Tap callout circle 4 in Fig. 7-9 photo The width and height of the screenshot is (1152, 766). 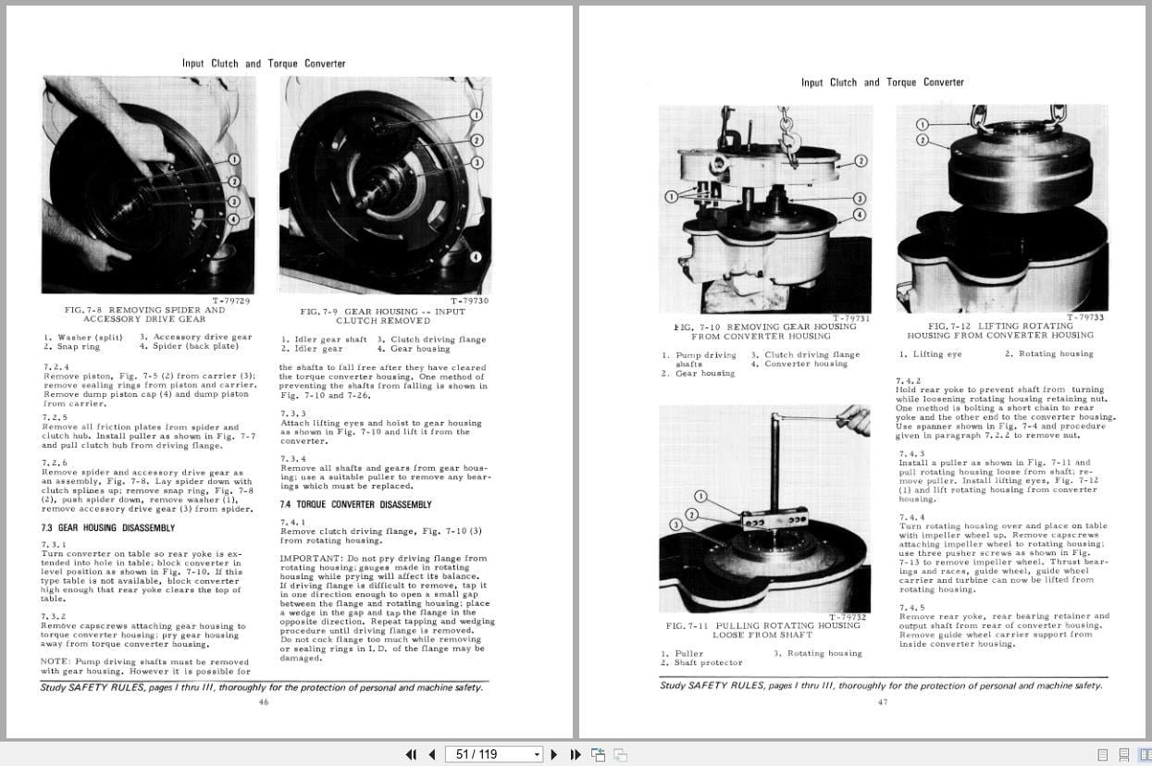point(476,256)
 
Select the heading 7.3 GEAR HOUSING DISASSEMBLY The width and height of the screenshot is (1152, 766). point(107,528)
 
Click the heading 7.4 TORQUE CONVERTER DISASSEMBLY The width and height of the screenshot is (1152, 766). point(355,504)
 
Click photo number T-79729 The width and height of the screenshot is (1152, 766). point(231,301)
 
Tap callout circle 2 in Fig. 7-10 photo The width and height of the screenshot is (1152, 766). point(861,160)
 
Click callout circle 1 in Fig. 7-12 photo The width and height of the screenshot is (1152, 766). point(922,124)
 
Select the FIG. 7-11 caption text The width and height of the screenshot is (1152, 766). point(762,630)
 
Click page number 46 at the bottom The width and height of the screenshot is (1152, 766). point(263,702)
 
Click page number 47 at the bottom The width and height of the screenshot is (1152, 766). point(882,702)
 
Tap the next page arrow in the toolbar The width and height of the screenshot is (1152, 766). point(554,754)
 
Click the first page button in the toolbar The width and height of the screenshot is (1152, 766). point(412,754)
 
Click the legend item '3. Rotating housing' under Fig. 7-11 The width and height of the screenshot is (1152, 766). point(817,653)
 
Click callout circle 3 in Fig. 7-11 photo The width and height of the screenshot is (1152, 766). point(675,525)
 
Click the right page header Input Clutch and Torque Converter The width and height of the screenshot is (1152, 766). point(882,82)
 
